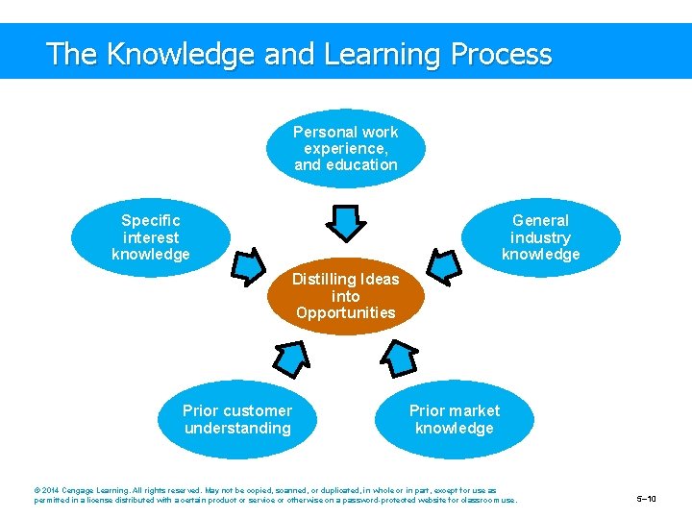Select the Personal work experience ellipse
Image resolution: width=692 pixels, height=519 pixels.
click(x=345, y=148)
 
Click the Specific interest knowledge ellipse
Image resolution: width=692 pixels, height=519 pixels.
click(x=151, y=236)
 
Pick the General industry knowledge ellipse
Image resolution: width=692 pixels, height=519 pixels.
click(x=540, y=236)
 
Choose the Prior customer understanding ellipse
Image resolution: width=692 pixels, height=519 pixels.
click(x=237, y=419)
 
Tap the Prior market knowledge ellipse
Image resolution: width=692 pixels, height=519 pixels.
click(x=454, y=419)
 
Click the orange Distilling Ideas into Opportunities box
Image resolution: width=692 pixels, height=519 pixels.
click(x=345, y=296)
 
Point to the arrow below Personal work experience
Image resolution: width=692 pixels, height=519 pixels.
click(x=345, y=221)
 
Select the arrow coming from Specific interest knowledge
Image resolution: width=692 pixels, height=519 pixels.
click(x=248, y=266)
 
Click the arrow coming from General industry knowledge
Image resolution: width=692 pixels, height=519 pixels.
click(x=443, y=266)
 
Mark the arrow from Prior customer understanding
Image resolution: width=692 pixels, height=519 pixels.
click(x=289, y=358)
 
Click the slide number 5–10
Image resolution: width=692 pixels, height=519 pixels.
click(x=647, y=499)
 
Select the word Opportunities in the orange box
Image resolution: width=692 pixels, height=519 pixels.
click(x=345, y=312)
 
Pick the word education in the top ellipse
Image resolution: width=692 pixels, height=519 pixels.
click(x=361, y=164)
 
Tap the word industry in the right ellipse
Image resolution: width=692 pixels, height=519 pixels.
click(x=540, y=237)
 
